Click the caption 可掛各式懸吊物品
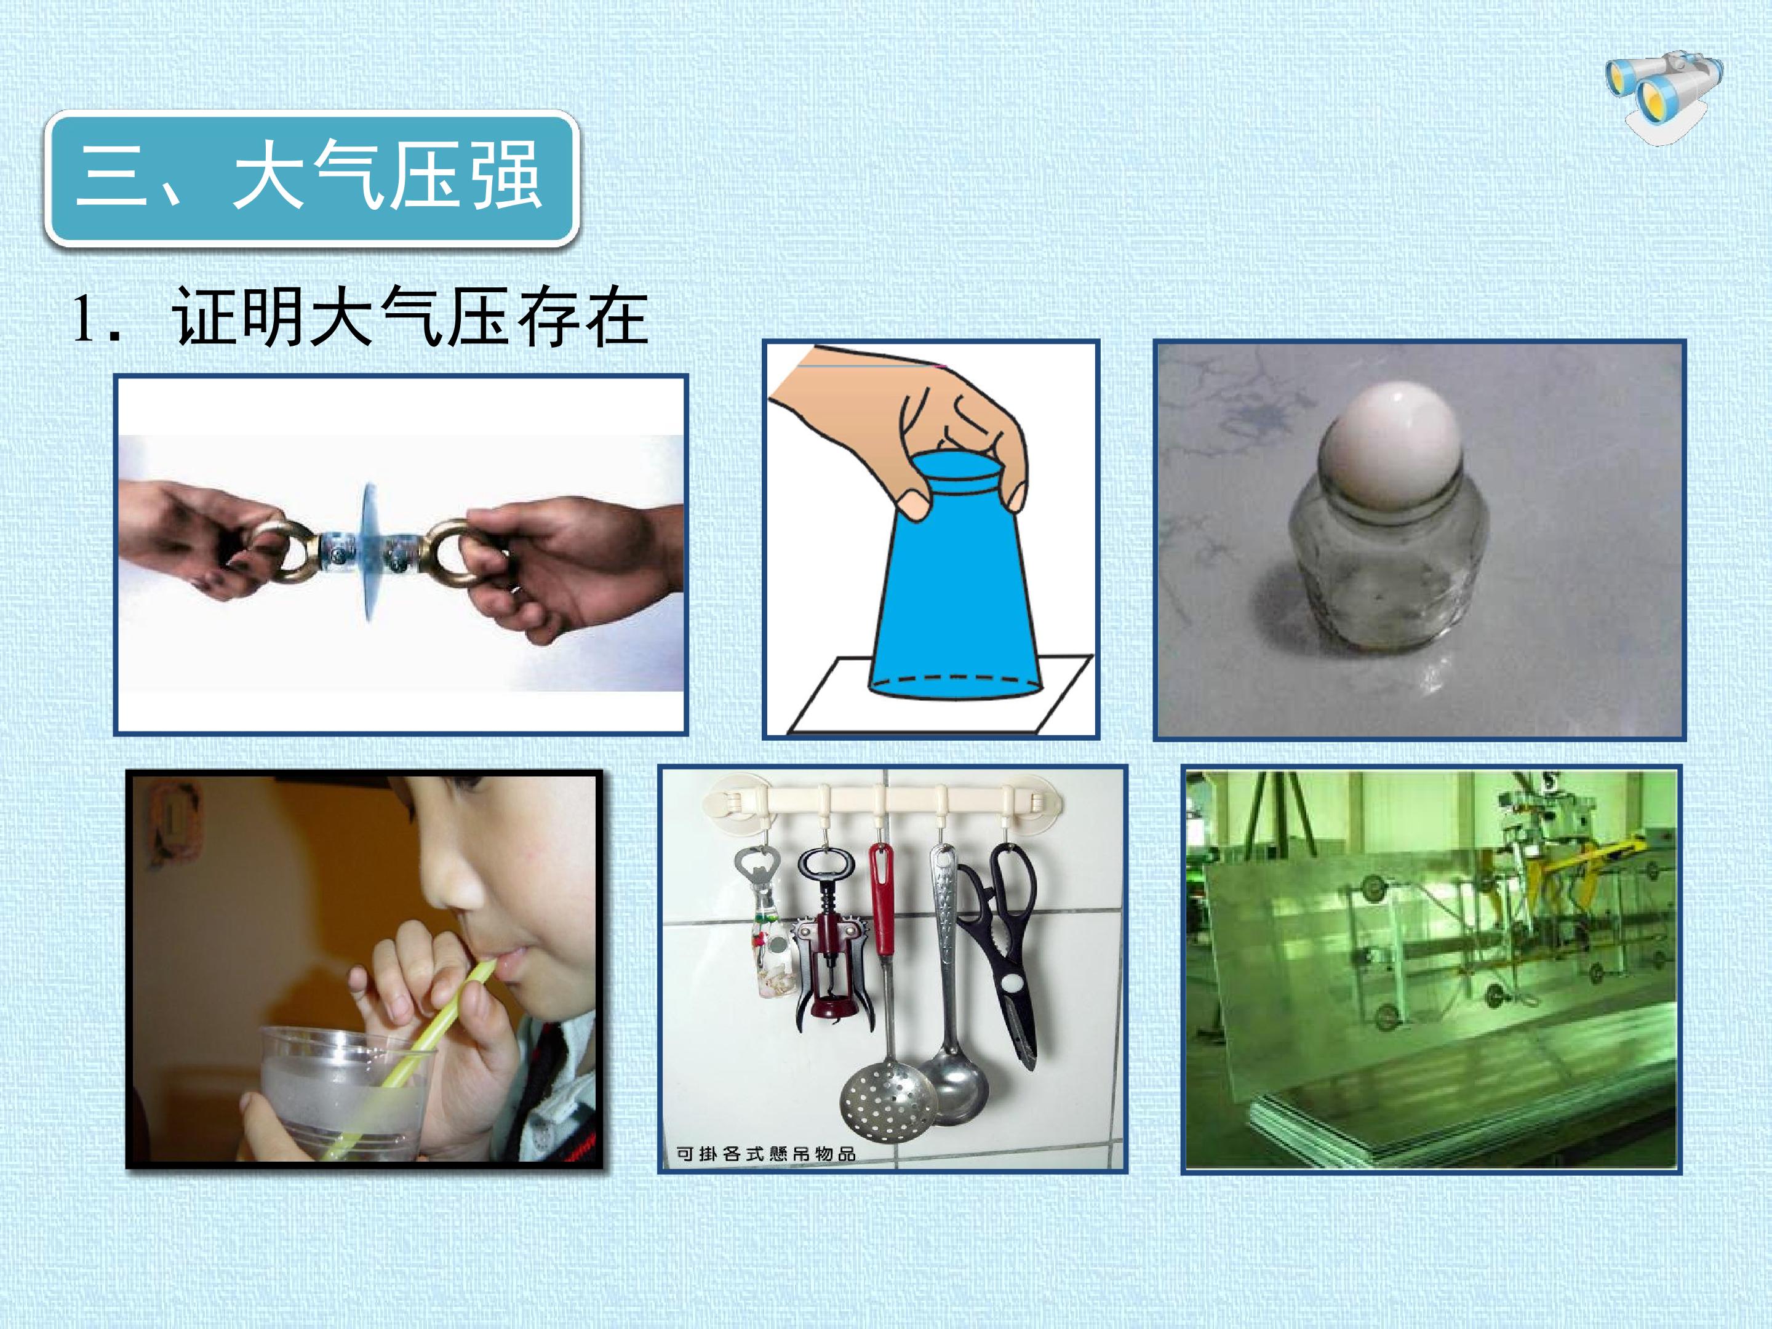click(x=766, y=1154)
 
